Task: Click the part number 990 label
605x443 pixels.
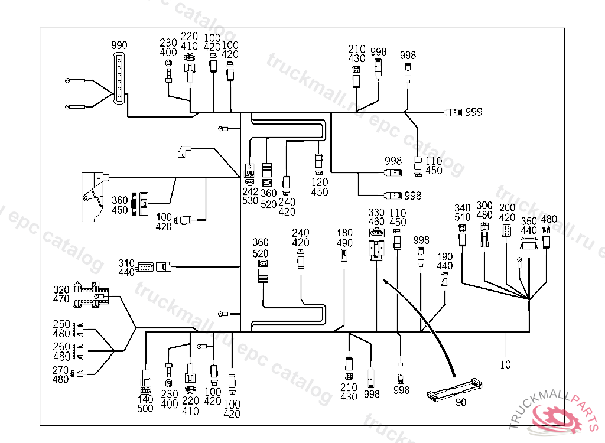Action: pyautogui.click(x=119, y=45)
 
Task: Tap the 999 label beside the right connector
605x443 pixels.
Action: pyautogui.click(x=473, y=112)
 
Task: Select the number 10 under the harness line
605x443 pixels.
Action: pyautogui.click(x=505, y=365)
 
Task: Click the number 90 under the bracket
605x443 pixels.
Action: pyautogui.click(x=460, y=403)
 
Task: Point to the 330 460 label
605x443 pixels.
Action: pyautogui.click(x=376, y=217)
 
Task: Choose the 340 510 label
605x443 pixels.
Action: pyautogui.click(x=463, y=212)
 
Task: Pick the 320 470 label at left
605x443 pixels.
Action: pyautogui.click(x=61, y=295)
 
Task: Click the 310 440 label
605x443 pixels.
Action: pyautogui.click(x=126, y=268)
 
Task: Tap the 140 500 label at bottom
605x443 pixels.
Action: pyautogui.click(x=145, y=404)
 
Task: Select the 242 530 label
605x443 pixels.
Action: pyautogui.click(x=250, y=197)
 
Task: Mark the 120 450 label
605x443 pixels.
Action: pyautogui.click(x=319, y=188)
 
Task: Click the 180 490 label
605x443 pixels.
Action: pyautogui.click(x=344, y=238)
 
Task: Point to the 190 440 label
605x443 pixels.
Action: pyautogui.click(x=445, y=262)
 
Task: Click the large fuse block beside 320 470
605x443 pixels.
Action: pyautogui.click(x=92, y=295)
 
